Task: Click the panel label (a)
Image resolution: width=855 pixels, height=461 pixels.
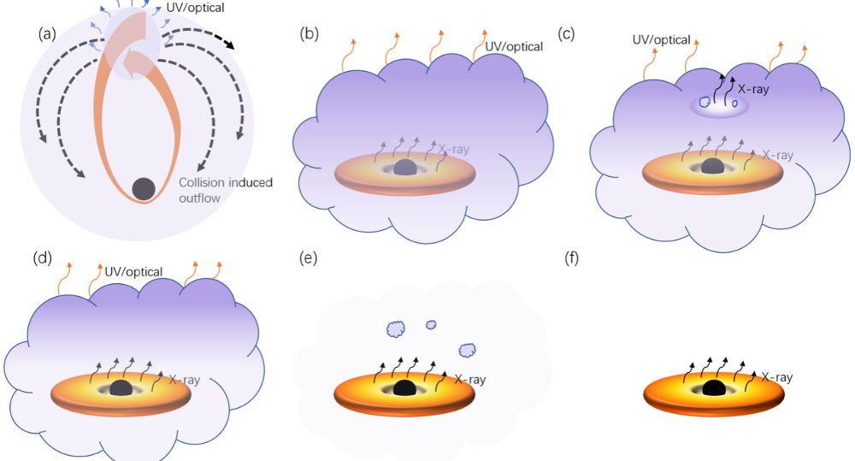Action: (47, 34)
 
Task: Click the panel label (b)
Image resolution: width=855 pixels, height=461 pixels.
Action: (310, 34)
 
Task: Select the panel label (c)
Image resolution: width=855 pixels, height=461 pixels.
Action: (566, 34)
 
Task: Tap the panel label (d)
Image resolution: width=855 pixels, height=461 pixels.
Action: (43, 257)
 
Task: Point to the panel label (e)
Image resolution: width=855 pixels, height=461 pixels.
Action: (309, 257)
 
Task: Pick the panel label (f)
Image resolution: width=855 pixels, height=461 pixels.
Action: (571, 257)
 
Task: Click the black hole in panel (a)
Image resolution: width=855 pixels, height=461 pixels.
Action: (144, 189)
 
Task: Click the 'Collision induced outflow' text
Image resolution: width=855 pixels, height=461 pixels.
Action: (226, 190)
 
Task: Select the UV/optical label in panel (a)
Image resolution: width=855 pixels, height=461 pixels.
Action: (195, 8)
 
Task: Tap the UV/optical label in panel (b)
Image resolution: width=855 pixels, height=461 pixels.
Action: (514, 47)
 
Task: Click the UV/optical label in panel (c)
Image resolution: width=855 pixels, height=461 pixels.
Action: (662, 40)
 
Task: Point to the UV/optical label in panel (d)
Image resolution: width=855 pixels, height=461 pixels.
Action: (133, 272)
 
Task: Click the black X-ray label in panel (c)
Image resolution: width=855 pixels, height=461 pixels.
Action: (753, 89)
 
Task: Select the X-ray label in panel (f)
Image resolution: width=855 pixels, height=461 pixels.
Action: (777, 377)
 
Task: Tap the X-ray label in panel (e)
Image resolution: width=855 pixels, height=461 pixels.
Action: (470, 379)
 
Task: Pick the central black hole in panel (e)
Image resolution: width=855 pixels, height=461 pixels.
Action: (404, 388)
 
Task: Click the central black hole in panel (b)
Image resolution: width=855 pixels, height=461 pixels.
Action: (404, 167)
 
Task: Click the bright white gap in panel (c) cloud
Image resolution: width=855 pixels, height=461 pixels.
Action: (720, 106)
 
